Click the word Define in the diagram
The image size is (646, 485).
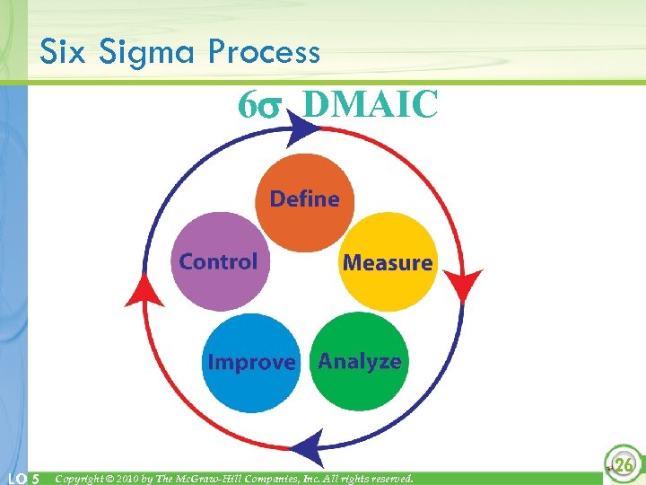tap(304, 198)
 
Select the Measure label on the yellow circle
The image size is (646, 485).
tap(388, 263)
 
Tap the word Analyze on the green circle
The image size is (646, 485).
tap(360, 362)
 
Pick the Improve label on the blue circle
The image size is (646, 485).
tap(251, 363)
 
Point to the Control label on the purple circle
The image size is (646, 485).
tap(218, 262)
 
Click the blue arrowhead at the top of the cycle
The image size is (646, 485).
tap(303, 130)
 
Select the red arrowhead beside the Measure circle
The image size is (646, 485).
tap(464, 283)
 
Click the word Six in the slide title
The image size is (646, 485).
tap(64, 53)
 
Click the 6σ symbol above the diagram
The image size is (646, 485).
tap(259, 105)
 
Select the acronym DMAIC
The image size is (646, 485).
tap(371, 104)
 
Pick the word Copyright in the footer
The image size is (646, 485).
tap(83, 478)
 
